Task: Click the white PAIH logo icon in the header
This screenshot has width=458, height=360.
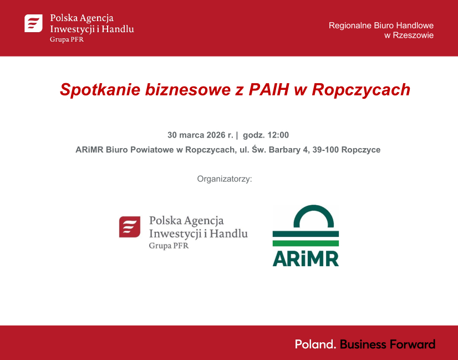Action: point(33,23)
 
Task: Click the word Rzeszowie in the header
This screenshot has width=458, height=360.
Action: point(413,35)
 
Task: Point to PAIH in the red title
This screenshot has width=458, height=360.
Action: point(270,89)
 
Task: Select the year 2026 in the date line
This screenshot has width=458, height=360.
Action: point(215,135)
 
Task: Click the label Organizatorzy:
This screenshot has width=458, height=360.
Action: point(225,179)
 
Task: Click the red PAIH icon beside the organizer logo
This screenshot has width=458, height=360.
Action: point(129,226)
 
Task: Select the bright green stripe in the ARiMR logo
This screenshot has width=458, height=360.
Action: point(306,243)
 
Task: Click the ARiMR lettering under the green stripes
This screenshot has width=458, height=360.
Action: point(306,258)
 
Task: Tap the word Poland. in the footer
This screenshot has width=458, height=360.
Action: point(315,344)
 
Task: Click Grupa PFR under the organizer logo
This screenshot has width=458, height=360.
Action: point(169,246)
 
